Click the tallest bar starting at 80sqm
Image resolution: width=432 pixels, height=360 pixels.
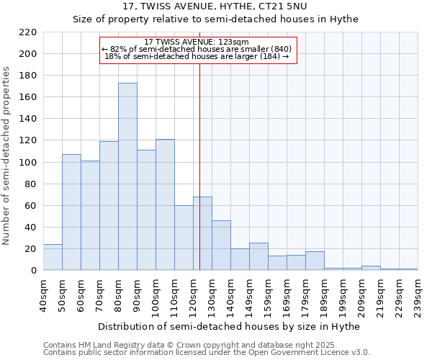(x=127, y=176)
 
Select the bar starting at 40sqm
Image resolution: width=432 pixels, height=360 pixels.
(x=53, y=257)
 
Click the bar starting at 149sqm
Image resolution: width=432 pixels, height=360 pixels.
(x=258, y=256)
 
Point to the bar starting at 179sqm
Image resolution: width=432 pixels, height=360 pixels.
(x=315, y=261)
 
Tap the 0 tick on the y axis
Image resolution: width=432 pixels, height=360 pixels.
(x=35, y=270)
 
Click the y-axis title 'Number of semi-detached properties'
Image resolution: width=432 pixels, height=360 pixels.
(x=7, y=156)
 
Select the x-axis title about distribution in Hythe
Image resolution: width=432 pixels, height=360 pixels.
(x=229, y=326)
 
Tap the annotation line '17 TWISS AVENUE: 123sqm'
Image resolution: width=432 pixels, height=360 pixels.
(x=197, y=42)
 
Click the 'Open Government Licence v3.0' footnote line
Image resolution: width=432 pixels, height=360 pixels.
(x=207, y=353)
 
